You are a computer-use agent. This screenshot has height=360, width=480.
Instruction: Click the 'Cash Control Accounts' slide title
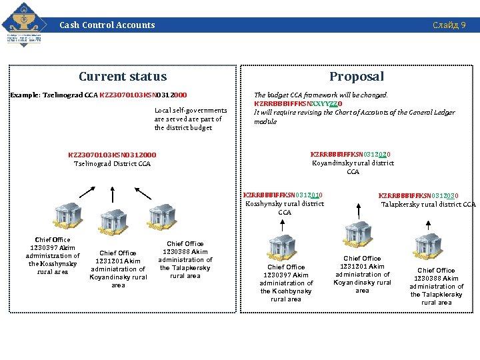(x=107, y=25)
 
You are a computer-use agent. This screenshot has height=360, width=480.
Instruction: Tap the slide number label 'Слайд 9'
(x=449, y=25)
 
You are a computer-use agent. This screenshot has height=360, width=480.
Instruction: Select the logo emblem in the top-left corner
(x=25, y=24)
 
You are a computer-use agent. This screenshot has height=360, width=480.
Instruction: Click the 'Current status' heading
(x=123, y=77)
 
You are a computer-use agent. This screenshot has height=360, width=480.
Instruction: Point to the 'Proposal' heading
(x=357, y=77)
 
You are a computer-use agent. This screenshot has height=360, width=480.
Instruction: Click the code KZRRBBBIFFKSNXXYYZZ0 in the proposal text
(x=298, y=104)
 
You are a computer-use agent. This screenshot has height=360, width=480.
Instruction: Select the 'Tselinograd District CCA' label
(x=112, y=163)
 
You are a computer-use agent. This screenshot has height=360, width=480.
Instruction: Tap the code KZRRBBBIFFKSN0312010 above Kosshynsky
(x=283, y=195)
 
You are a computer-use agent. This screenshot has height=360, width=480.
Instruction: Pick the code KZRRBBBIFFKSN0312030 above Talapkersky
(x=418, y=196)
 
